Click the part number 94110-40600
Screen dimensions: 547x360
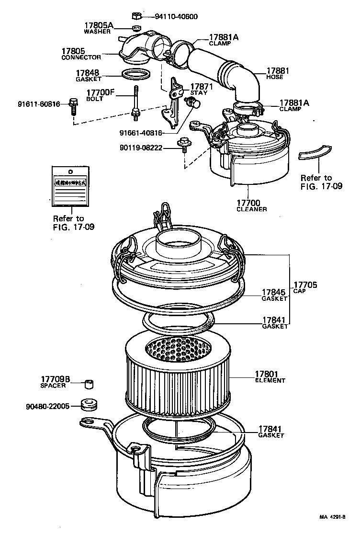click(176, 17)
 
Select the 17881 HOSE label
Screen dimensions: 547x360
click(275, 73)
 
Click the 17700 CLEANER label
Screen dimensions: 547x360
click(251, 206)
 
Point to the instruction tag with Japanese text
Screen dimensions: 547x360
click(70, 184)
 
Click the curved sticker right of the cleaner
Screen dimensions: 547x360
click(314, 153)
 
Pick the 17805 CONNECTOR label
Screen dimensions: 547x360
click(81, 54)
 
